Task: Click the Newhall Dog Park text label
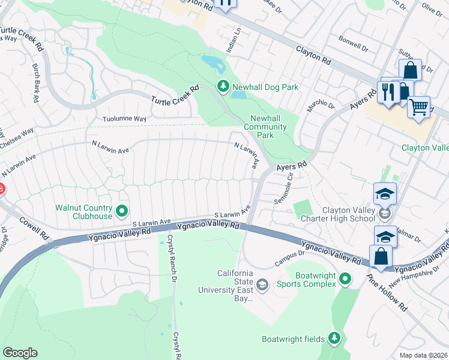coord(266,87)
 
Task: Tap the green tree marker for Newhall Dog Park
coord(223,87)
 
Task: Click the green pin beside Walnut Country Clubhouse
coord(122,210)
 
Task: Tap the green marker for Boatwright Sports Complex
coord(345,278)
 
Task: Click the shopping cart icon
coord(418,108)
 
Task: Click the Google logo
coord(20,353)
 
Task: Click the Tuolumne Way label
coord(124,119)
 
